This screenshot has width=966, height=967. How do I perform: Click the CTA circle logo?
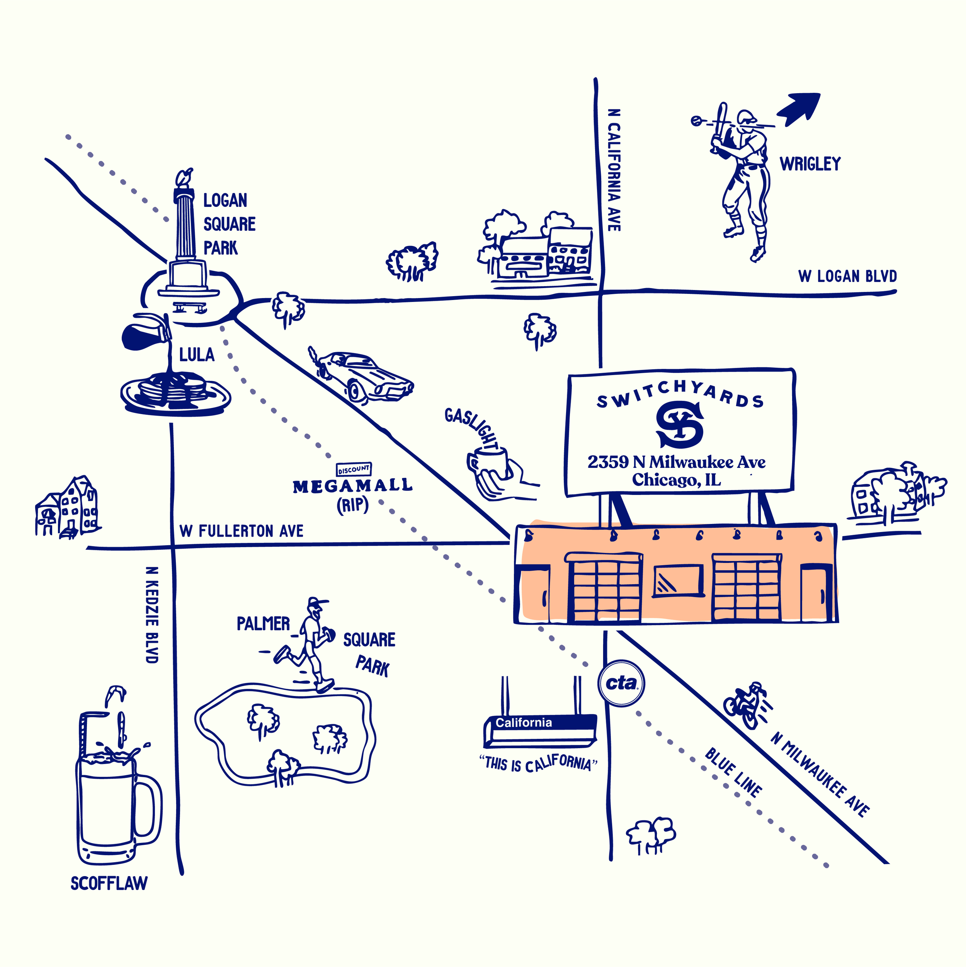(621, 683)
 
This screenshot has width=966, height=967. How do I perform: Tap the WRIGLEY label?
(810, 164)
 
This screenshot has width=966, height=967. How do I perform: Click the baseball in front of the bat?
(696, 120)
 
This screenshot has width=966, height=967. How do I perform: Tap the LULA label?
(197, 355)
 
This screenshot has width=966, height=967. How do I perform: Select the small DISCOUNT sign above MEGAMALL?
(354, 469)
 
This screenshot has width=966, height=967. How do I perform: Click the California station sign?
(540, 730)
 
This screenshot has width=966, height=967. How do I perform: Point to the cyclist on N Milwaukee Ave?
(747, 705)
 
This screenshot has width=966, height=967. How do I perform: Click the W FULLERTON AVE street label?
(241, 531)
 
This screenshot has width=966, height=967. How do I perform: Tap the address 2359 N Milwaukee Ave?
(676, 462)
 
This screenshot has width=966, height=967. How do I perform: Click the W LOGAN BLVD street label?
(847, 276)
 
